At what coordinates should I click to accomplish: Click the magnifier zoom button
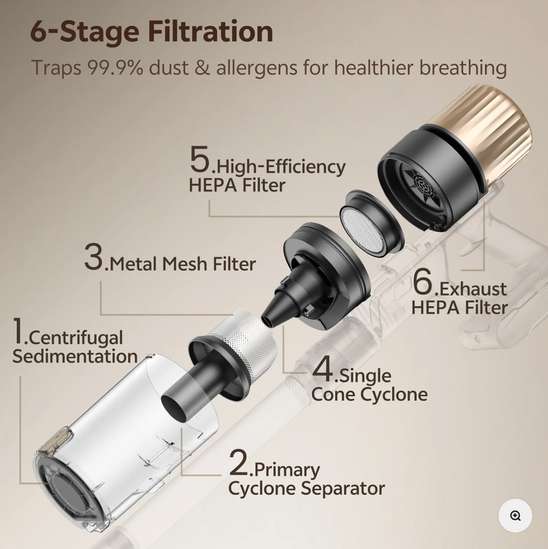515,515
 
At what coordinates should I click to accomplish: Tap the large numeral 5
200,159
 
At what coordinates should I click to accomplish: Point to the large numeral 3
94,256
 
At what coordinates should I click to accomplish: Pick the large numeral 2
238,463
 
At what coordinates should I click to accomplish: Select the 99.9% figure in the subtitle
115,67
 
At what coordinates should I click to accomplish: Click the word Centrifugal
76,338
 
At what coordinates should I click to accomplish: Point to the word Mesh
186,264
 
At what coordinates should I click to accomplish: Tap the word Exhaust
473,289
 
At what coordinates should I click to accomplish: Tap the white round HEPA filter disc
363,231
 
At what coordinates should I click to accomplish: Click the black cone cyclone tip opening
267,320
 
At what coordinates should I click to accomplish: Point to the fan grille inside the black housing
423,186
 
